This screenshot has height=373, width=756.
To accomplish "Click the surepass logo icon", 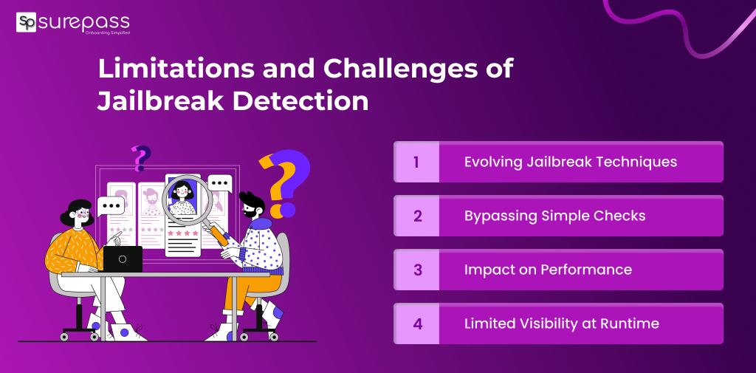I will tap(27, 22).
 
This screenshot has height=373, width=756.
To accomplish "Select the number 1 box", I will tap(416, 162).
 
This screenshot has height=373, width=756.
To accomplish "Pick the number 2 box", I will tap(416, 216).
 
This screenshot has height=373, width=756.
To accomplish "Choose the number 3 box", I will tap(416, 270).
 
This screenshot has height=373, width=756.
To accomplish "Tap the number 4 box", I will tap(416, 324).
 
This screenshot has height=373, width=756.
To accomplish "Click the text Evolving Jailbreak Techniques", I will tap(571, 162).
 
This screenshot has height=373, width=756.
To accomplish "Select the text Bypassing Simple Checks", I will tap(555, 216).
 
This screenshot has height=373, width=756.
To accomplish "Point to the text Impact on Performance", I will tap(548, 270).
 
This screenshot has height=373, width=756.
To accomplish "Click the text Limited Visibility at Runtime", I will tap(561, 324).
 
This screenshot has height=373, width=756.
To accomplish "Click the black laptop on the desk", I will tap(122, 259).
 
